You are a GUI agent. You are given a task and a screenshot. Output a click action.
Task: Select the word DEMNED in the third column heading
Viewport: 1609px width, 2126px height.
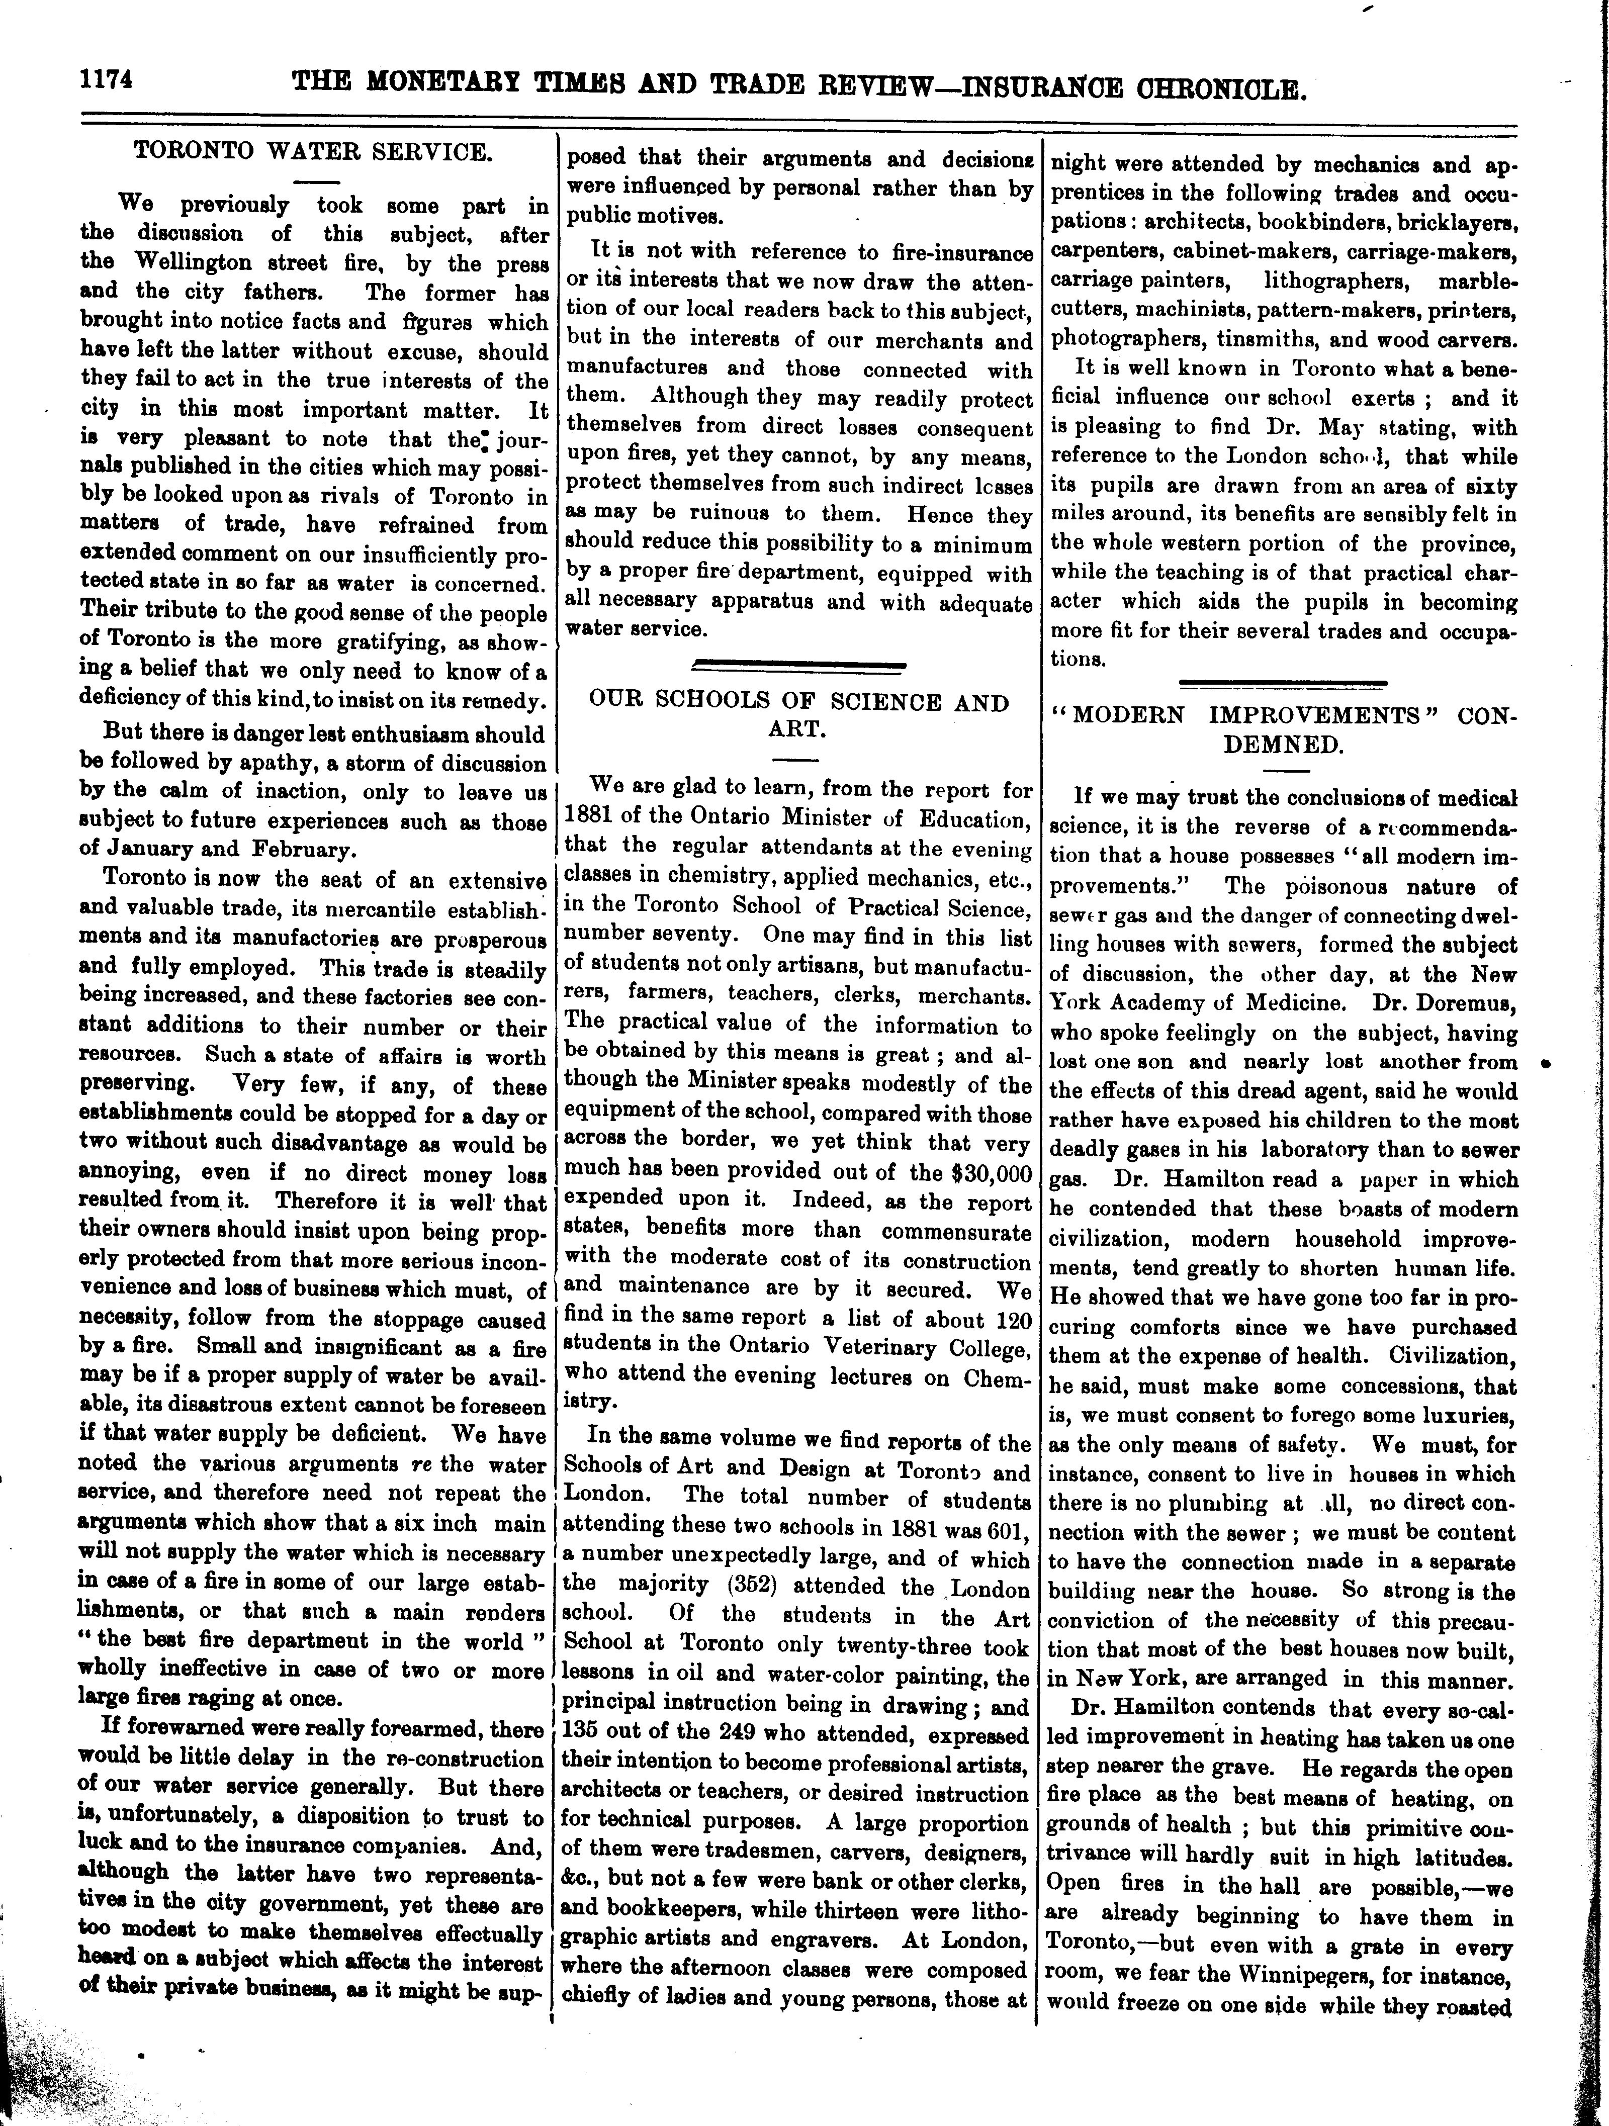coord(1282,745)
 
